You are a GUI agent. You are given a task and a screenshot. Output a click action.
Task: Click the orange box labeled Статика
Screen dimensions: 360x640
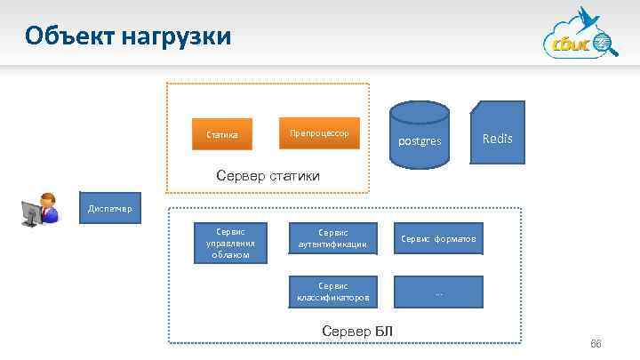222,135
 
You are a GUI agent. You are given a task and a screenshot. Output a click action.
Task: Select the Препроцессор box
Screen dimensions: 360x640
318,133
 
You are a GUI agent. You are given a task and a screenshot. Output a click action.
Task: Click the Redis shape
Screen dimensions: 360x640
497,132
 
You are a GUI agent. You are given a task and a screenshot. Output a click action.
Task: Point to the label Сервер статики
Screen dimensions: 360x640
268,176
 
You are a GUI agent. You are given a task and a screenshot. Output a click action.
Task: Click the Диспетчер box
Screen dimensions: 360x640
109,209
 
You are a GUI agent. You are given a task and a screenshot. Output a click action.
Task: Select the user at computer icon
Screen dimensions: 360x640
40,211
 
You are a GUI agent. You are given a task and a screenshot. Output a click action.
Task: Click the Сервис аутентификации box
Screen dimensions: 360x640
333,238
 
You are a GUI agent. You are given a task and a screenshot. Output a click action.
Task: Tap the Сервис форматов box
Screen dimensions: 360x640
438,238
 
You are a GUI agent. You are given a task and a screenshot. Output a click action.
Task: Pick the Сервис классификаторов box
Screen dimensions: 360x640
333,292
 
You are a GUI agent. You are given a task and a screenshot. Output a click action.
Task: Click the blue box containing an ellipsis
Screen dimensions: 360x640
438,292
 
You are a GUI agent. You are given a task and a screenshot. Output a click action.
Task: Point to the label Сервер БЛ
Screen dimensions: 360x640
356,332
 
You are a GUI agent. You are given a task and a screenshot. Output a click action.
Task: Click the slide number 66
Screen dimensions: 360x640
596,344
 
